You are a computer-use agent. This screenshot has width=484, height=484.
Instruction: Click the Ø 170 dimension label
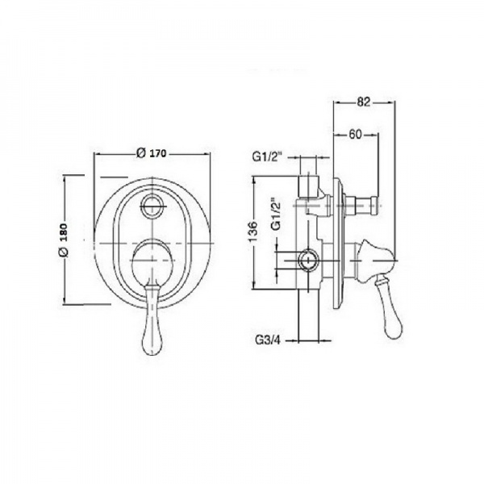[x=152, y=153]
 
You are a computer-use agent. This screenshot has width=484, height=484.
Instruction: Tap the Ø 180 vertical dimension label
[x=63, y=240]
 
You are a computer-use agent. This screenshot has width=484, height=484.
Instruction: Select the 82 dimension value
[x=363, y=102]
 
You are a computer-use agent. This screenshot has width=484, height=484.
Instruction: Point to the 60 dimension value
[x=355, y=134]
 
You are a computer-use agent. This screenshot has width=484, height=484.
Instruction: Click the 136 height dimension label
[x=252, y=232]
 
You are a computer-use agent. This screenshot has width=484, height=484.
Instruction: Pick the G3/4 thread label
[x=268, y=340]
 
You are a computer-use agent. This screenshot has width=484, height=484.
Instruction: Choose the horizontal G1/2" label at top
[x=268, y=156]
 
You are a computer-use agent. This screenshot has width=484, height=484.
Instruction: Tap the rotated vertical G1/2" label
[x=276, y=214]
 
